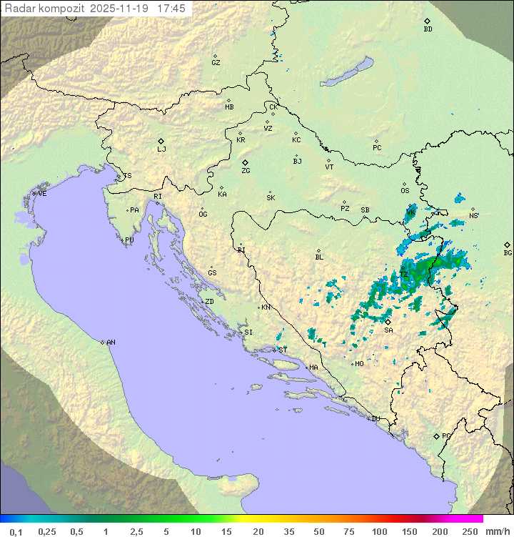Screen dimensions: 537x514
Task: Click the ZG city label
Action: pos(246,171)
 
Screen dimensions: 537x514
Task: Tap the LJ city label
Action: pos(161,149)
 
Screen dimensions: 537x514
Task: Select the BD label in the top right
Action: pos(428,29)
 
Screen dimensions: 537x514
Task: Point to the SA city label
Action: pos(388,330)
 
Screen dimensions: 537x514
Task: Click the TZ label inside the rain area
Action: pos(403,275)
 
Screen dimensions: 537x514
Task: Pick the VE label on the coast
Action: pos(42,194)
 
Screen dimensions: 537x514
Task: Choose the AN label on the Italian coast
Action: pos(111,343)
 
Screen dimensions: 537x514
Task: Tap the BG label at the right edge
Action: pos(508,252)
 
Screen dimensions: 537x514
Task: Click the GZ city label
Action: pos(216,62)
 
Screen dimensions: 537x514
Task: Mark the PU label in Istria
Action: pos(129,240)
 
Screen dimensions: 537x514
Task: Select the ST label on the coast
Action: pos(283,350)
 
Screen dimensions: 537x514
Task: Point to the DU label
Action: pos(375,419)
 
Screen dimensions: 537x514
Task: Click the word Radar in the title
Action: pos(19,9)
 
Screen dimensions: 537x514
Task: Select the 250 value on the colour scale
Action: pos(469,531)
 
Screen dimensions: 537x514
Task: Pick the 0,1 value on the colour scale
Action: pos(16,531)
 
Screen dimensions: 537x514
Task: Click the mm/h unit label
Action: pos(496,531)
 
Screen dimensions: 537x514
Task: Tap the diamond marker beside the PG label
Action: pos(437,436)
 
